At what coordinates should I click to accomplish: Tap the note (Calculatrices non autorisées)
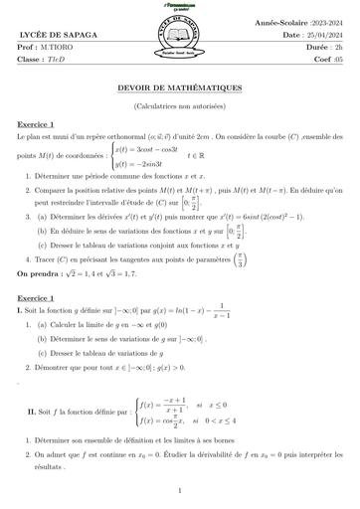(x=180, y=104)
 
